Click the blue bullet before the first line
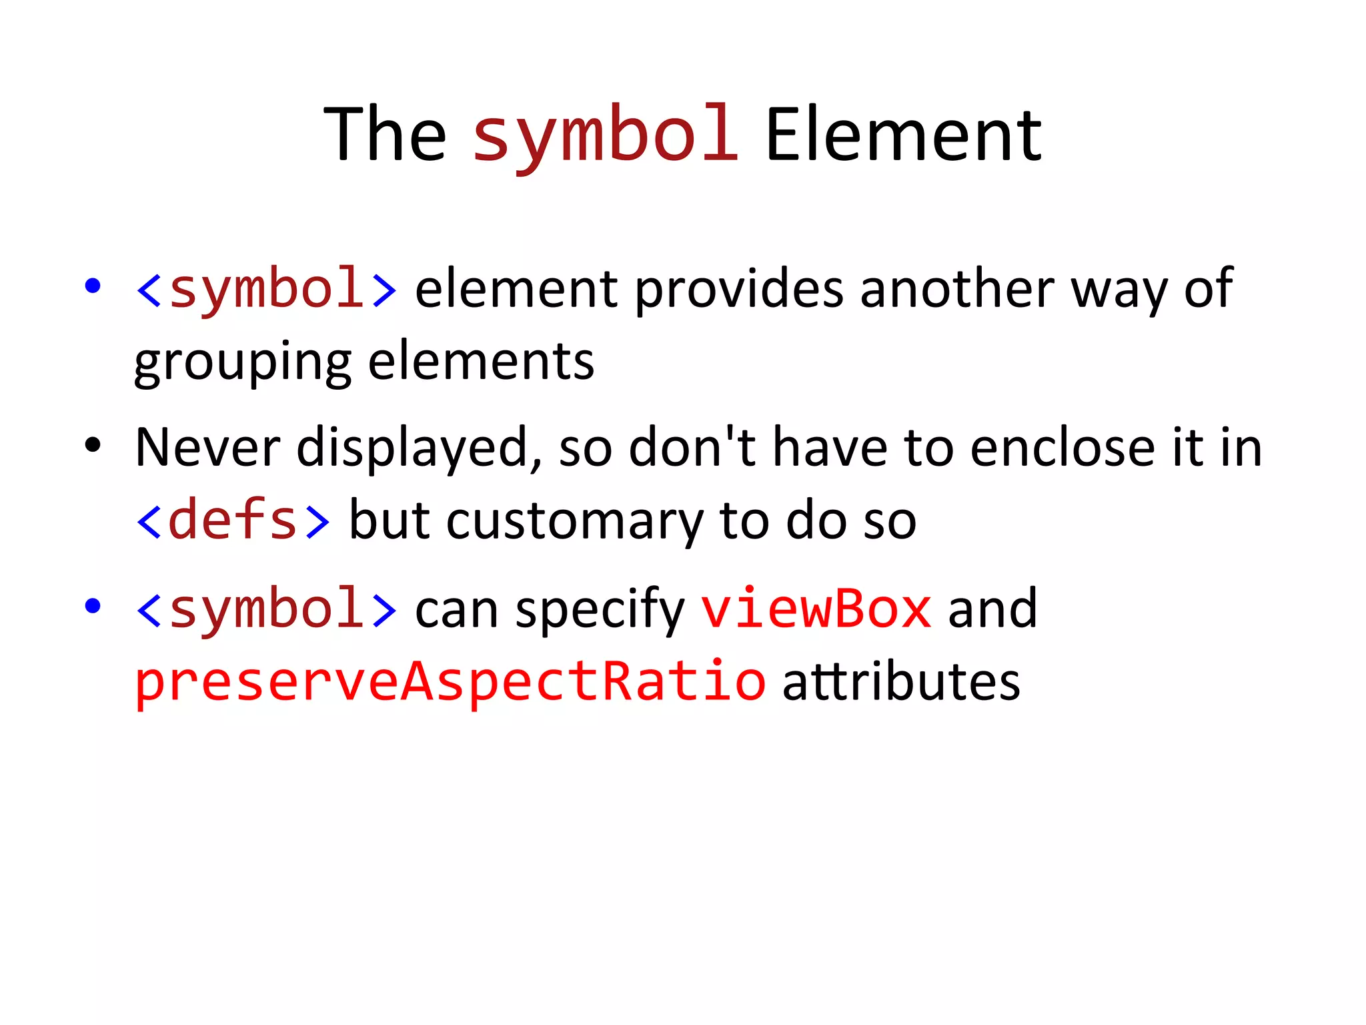tap(93, 286)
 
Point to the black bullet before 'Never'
tap(93, 445)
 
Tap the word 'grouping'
tap(243, 363)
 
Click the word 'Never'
tap(207, 448)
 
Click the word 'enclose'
tap(1063, 448)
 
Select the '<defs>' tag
tap(233, 521)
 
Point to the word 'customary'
tap(574, 522)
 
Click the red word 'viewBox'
tap(816, 609)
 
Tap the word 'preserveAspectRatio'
tap(450, 681)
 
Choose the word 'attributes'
tap(901, 681)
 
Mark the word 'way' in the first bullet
tap(1119, 291)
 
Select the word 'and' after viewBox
tap(992, 609)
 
